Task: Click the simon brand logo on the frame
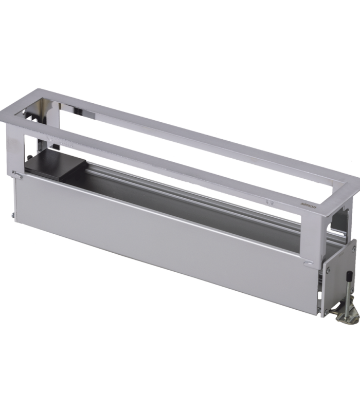[x=308, y=204]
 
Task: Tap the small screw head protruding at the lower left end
[x=13, y=215]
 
